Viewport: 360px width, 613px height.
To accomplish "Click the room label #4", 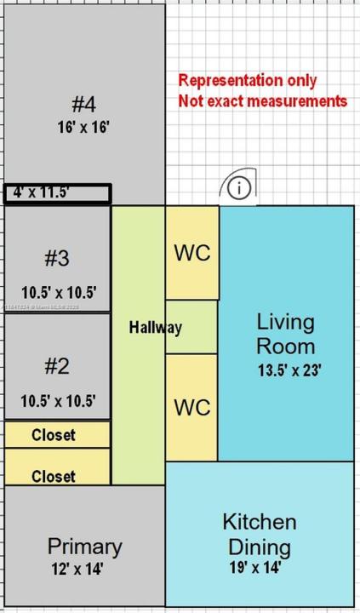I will point(83,105).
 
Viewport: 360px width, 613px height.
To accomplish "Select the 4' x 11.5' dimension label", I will point(40,192).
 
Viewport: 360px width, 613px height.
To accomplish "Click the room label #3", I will point(57,257).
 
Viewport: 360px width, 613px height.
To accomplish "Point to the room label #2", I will point(57,366).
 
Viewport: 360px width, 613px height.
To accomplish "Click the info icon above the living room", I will point(240,188).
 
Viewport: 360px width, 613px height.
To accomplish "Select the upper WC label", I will point(191,253).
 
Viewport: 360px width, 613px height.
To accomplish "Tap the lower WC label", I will point(191,407).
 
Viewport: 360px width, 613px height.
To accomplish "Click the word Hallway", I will point(156,327).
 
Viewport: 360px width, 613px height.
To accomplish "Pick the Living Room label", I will point(286,335).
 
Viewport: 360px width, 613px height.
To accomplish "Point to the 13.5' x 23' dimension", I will point(289,370).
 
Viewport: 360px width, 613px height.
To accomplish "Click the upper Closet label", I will point(54,435).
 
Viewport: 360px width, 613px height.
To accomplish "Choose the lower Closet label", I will point(54,477).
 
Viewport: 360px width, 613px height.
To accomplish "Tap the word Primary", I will point(84,546).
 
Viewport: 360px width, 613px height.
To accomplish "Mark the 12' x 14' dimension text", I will point(77,569).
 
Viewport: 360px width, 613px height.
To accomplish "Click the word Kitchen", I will point(260,521).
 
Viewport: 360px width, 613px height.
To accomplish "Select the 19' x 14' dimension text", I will point(255,567).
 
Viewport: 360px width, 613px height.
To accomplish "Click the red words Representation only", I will point(247,81).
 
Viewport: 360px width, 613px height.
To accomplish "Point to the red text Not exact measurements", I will point(263,101).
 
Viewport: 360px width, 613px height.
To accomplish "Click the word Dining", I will point(260,547).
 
